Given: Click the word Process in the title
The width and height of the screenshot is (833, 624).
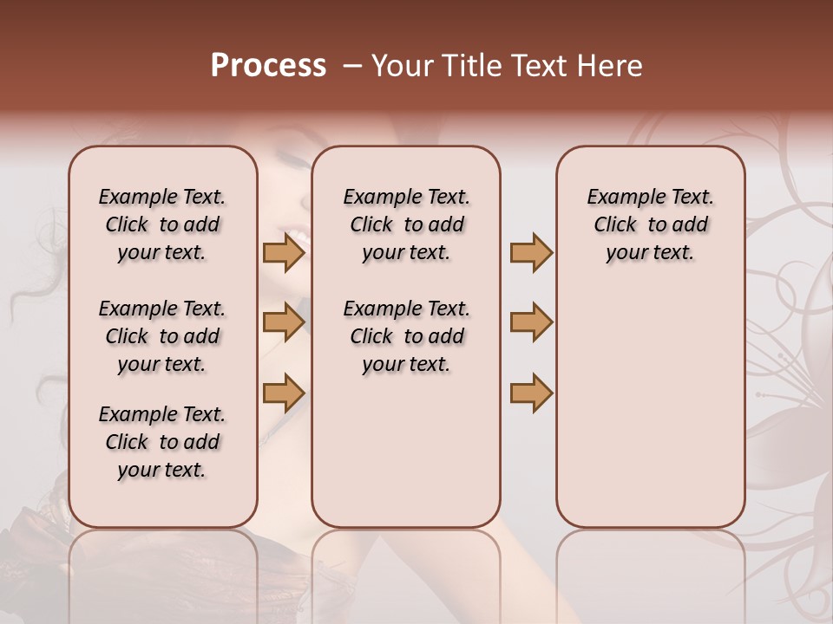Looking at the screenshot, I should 268,66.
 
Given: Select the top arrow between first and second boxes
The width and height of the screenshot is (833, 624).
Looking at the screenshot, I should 284,253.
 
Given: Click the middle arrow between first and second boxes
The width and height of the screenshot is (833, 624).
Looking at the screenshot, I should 284,322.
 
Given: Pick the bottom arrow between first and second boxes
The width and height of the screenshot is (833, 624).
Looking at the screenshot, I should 284,393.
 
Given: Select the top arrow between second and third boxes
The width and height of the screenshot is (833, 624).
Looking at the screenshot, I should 531,253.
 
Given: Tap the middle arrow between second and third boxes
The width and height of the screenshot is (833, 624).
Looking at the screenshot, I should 531,322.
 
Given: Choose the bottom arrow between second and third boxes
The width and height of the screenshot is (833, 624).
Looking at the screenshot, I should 531,393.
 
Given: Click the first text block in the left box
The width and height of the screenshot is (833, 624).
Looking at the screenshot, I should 162,224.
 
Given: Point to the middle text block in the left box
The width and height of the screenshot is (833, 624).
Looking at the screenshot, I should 162,336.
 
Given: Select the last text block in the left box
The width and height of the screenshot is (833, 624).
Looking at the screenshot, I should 162,442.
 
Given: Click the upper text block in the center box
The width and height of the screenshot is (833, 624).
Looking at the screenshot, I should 406,224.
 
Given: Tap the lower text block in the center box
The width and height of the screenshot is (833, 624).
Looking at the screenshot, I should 406,336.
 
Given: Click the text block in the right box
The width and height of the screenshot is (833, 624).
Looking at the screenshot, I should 651,224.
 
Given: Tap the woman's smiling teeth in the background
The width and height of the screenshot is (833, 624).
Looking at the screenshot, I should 292,233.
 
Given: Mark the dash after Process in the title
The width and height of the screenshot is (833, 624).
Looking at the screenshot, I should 351,66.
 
